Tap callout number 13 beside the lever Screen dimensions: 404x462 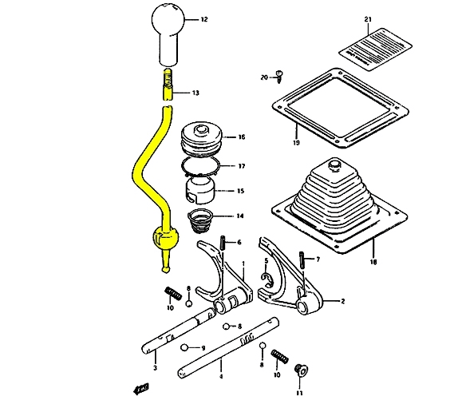(196, 93)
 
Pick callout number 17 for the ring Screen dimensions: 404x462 (241, 166)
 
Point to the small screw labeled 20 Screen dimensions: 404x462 (279, 76)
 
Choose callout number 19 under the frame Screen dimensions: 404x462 (294, 144)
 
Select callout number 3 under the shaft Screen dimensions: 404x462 (155, 367)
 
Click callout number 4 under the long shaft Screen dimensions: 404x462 (221, 375)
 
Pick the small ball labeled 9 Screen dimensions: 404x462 (186, 347)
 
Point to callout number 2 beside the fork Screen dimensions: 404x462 (342, 301)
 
